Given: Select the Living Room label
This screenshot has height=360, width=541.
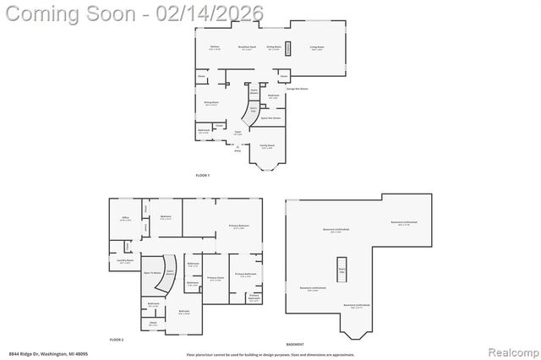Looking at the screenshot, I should (317, 46).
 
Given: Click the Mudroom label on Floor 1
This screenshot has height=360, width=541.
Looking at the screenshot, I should (273, 95).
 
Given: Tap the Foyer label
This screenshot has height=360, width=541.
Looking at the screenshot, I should (238, 133).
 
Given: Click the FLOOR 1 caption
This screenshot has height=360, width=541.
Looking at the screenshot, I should (202, 174).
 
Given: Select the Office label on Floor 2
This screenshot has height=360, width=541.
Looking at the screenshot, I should (125, 217).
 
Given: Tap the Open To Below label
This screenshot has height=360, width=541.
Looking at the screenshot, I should (152, 272).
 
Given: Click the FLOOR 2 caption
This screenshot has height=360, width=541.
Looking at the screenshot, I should (117, 338).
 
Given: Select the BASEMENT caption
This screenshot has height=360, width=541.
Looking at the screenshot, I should (295, 344).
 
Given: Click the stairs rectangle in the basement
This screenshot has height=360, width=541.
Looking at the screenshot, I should (342, 269).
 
